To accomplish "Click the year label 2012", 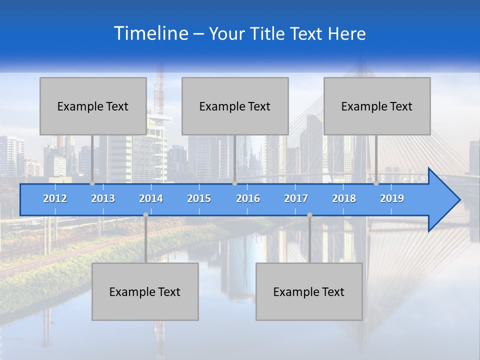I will (x=55, y=198).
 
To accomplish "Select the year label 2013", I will (x=103, y=198).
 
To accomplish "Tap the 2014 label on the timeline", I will (x=151, y=198).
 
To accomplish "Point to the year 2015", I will (x=199, y=198).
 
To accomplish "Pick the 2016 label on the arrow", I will (x=248, y=198).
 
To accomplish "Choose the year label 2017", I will (x=296, y=198).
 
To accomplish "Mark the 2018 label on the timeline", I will (x=344, y=198).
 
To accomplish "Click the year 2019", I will (x=392, y=198).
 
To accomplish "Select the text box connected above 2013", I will (x=93, y=106).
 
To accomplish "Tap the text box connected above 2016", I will (x=235, y=106).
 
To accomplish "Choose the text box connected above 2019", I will (x=377, y=106).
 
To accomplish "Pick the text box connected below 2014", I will (x=145, y=291).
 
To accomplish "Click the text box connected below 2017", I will (x=309, y=291).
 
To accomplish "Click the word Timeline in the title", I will (x=150, y=33).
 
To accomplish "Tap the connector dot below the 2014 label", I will (x=145, y=215).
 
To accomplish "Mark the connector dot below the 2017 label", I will (x=309, y=215).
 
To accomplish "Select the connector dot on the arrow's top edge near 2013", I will (x=92, y=183).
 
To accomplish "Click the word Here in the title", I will (x=346, y=34).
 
